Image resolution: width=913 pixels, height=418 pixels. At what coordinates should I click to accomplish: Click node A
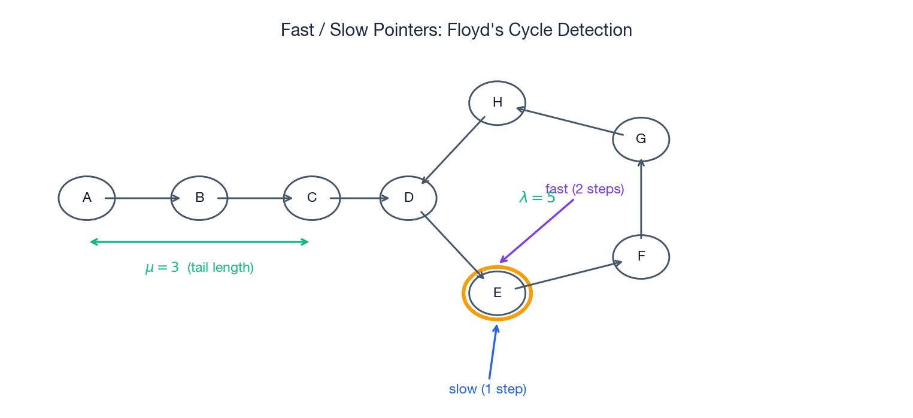[87, 198]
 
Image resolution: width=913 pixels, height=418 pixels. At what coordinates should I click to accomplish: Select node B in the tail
[199, 198]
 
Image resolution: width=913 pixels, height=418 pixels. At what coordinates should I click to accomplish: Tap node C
[312, 198]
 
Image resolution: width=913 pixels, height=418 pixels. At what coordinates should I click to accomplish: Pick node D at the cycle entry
[408, 198]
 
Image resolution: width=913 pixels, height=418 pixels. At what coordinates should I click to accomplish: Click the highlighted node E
[497, 293]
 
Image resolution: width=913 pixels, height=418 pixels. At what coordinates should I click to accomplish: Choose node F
[641, 257]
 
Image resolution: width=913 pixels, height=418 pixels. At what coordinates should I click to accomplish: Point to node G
[641, 140]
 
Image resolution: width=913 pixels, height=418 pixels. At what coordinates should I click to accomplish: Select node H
[497, 103]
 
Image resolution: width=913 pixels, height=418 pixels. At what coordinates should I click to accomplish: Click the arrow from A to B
[142, 198]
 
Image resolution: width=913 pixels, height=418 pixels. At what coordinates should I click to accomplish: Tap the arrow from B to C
[255, 198]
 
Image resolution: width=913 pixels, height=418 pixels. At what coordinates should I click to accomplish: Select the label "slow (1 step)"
[487, 389]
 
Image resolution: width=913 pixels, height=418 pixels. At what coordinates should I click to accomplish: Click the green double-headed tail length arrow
[199, 242]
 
